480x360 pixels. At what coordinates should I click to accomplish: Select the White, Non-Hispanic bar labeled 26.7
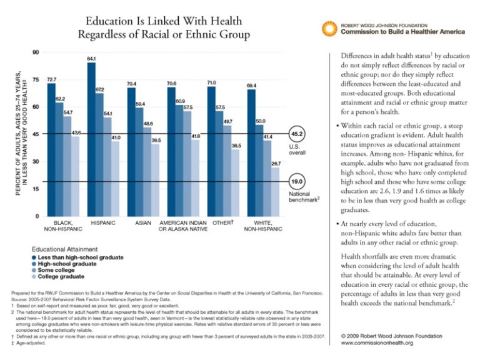(x=276, y=191)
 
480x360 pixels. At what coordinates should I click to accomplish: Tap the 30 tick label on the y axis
(x=35, y=161)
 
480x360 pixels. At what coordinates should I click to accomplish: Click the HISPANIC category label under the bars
(x=103, y=222)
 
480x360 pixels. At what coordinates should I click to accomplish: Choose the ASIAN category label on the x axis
(x=144, y=222)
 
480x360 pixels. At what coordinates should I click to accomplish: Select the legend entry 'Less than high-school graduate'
(x=80, y=257)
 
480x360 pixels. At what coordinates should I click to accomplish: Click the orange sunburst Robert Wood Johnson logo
(x=329, y=28)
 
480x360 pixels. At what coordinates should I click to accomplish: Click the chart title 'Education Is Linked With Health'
(x=164, y=21)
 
